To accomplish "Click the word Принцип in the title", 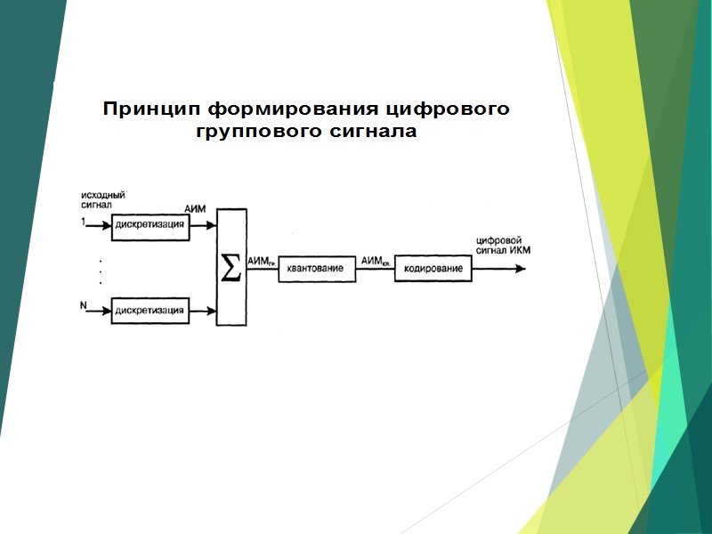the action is [151, 110].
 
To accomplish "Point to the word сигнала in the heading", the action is [374, 133].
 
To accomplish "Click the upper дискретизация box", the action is [150, 225].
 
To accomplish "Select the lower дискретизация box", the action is [150, 310].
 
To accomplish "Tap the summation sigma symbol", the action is [231, 267].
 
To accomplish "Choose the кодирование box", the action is [433, 269].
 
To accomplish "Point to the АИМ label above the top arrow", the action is [195, 208].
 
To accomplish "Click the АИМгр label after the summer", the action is [261, 260].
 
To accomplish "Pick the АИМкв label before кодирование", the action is [373, 260].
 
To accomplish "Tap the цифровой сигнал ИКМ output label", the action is [504, 245].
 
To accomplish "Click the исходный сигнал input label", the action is [102, 198].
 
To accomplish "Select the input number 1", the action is [83, 222].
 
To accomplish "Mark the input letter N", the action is [83, 307].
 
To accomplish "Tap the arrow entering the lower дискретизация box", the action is [98, 311].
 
